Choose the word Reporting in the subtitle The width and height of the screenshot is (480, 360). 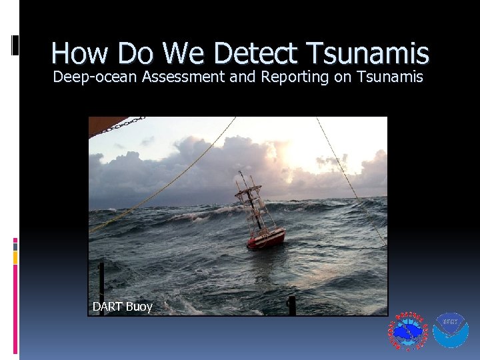coord(295,77)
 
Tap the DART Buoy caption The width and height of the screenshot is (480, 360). coord(122,307)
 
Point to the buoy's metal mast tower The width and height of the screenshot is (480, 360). coord(253,200)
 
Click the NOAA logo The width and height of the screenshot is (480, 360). coord(451,331)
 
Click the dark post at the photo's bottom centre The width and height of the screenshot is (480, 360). coord(291,305)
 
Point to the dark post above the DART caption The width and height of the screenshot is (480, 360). coord(101,280)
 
